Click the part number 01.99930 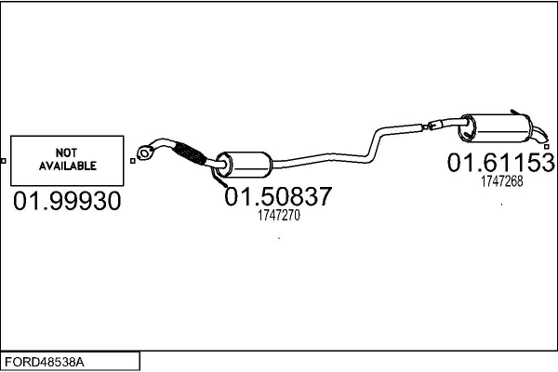click(67, 201)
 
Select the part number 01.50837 click(278, 196)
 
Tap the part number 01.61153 click(500, 163)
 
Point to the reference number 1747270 click(279, 216)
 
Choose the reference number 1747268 click(502, 181)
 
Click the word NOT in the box click(66, 153)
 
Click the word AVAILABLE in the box click(68, 166)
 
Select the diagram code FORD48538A click(45, 363)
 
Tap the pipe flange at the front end click(144, 153)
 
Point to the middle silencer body click(244, 164)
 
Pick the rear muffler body click(496, 128)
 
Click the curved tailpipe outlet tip click(539, 135)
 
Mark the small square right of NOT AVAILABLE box click(133, 161)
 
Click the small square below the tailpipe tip click(547, 146)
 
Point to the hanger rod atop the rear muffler click(519, 113)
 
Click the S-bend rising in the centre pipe click(373, 145)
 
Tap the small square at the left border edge click(3, 161)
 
